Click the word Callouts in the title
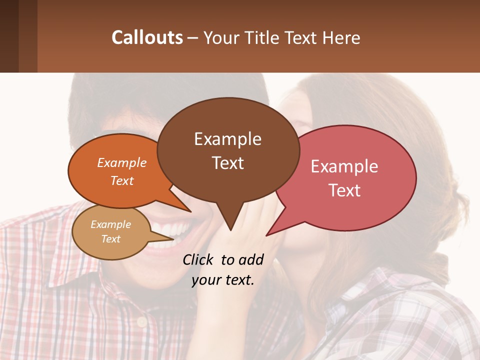(147, 38)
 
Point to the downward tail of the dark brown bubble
(230, 220)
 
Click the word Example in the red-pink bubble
(344, 166)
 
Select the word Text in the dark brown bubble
(228, 163)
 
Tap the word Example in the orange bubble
(122, 162)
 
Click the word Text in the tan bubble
(111, 239)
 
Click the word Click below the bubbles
(199, 259)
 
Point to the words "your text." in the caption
(223, 280)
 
